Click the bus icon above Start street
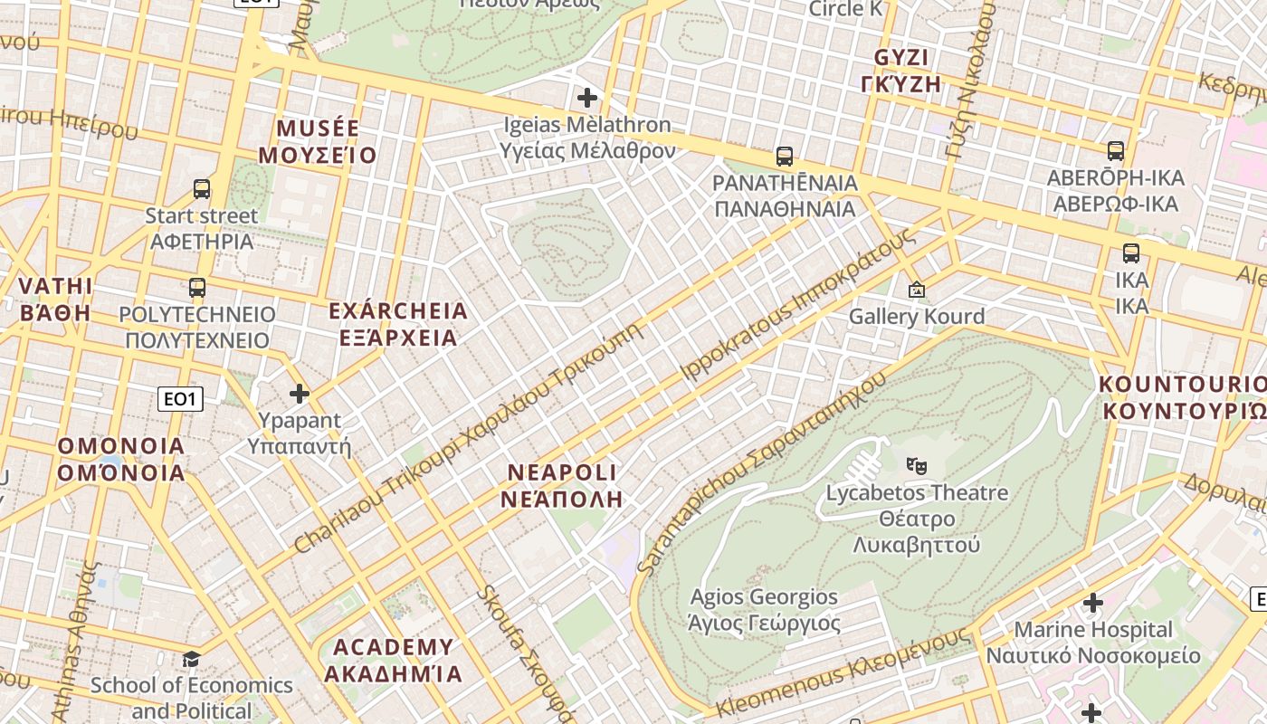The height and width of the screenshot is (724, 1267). click(202, 189)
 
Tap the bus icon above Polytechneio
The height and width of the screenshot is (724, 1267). click(197, 288)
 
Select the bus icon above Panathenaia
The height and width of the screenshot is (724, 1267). click(785, 157)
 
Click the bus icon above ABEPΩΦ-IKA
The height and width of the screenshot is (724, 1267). click(1116, 151)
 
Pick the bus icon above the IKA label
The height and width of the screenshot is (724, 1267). click(1131, 253)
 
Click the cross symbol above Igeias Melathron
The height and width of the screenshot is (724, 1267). click(587, 97)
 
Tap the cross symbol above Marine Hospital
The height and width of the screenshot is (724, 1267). click(1093, 603)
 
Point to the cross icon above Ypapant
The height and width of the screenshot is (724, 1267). click(300, 394)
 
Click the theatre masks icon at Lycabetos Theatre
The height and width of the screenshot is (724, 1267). click(917, 466)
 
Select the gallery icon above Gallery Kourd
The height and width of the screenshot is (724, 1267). click(917, 290)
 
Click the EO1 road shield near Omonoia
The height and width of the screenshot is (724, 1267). click(180, 398)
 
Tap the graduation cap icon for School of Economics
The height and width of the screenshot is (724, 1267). click(191, 658)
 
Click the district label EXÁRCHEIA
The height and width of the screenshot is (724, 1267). click(398, 312)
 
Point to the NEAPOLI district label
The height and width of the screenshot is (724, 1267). click(562, 472)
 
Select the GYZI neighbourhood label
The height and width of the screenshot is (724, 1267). click(901, 59)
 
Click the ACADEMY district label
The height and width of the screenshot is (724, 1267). click(393, 647)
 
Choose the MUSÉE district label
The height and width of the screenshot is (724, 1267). click(318, 129)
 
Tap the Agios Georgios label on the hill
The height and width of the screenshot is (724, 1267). click(764, 597)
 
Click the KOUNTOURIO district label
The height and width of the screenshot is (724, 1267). click(1182, 384)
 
